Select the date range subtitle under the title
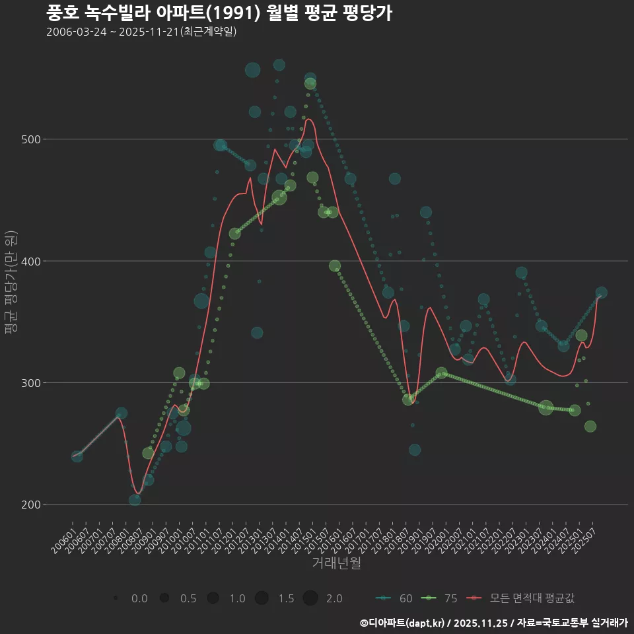pyautogui.click(x=141, y=32)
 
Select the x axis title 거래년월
pyautogui.click(x=336, y=563)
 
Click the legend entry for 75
pyautogui.click(x=439, y=598)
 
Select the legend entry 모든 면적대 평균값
pyautogui.click(x=522, y=598)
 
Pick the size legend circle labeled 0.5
pyautogui.click(x=164, y=598)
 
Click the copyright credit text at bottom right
pyautogui.click(x=493, y=623)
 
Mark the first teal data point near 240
pyautogui.click(x=77, y=456)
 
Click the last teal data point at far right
pyautogui.click(x=601, y=293)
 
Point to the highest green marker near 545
pyautogui.click(x=310, y=84)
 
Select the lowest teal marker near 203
pyautogui.click(x=135, y=500)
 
